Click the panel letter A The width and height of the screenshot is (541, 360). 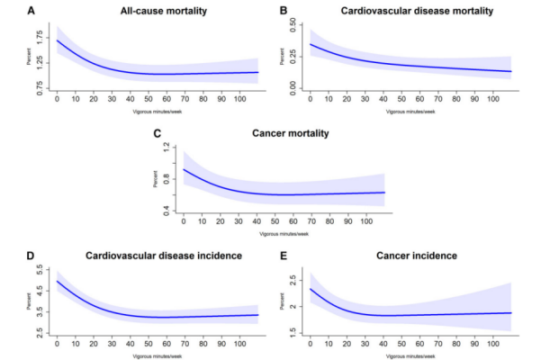click(x=32, y=13)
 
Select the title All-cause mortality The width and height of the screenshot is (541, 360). click(x=161, y=13)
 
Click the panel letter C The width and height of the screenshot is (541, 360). click(x=158, y=133)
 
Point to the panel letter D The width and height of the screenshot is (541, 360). click(x=32, y=256)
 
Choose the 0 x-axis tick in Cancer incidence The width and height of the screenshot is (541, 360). click(x=310, y=344)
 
